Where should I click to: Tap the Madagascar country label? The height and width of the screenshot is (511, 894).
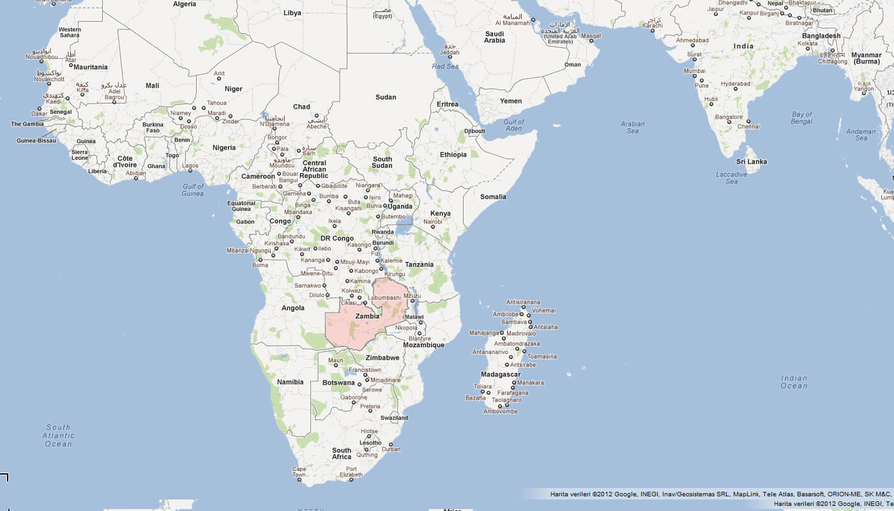(x=501, y=374)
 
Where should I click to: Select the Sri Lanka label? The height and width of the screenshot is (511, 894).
(x=752, y=162)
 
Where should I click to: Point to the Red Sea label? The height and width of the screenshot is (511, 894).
(x=445, y=66)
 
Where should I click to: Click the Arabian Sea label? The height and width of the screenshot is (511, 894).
(x=632, y=128)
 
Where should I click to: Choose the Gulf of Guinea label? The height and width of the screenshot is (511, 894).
(x=192, y=190)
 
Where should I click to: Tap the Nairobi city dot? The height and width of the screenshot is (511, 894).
(x=433, y=227)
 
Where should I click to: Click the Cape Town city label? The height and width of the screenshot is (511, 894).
(x=299, y=471)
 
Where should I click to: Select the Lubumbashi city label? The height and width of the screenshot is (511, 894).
(x=384, y=298)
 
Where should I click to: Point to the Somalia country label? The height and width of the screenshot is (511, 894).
(x=493, y=197)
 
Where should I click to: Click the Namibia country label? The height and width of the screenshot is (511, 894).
(x=291, y=382)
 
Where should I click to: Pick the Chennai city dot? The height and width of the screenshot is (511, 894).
(x=748, y=121)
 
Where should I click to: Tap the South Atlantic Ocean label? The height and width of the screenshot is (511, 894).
(x=58, y=436)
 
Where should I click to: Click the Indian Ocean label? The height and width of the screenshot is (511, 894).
(x=794, y=382)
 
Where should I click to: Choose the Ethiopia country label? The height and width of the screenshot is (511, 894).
(x=453, y=155)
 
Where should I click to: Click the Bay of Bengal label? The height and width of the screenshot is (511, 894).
(x=801, y=118)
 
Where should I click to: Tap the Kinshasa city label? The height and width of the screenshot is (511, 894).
(x=277, y=243)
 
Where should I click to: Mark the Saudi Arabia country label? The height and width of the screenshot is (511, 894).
(x=494, y=37)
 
